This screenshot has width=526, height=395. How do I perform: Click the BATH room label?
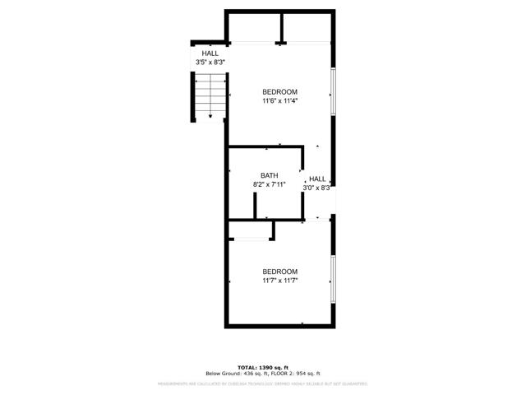click(x=270, y=175)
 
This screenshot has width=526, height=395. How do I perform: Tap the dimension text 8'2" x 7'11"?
click(x=270, y=185)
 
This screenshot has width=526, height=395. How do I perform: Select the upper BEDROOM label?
click(x=279, y=91)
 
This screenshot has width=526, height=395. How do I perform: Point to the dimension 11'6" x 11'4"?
click(x=279, y=101)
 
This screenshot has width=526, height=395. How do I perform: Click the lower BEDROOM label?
click(x=279, y=272)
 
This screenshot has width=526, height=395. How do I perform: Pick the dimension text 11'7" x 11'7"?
click(x=279, y=281)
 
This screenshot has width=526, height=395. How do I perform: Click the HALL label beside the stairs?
click(x=210, y=53)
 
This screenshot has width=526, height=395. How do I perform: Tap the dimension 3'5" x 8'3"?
click(x=210, y=63)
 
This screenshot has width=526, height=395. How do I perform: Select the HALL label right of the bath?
click(x=317, y=179)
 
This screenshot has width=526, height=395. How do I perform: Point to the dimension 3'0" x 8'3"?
click(x=316, y=188)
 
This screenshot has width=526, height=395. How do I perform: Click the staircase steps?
click(x=210, y=95)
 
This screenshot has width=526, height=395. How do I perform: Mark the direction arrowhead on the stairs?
click(x=210, y=117)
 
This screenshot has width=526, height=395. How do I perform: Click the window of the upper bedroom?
click(x=333, y=91)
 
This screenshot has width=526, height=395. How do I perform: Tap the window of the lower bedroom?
click(x=333, y=277)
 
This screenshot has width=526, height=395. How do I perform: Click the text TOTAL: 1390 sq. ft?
click(x=262, y=367)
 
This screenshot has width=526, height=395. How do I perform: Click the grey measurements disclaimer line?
click(x=262, y=383)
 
